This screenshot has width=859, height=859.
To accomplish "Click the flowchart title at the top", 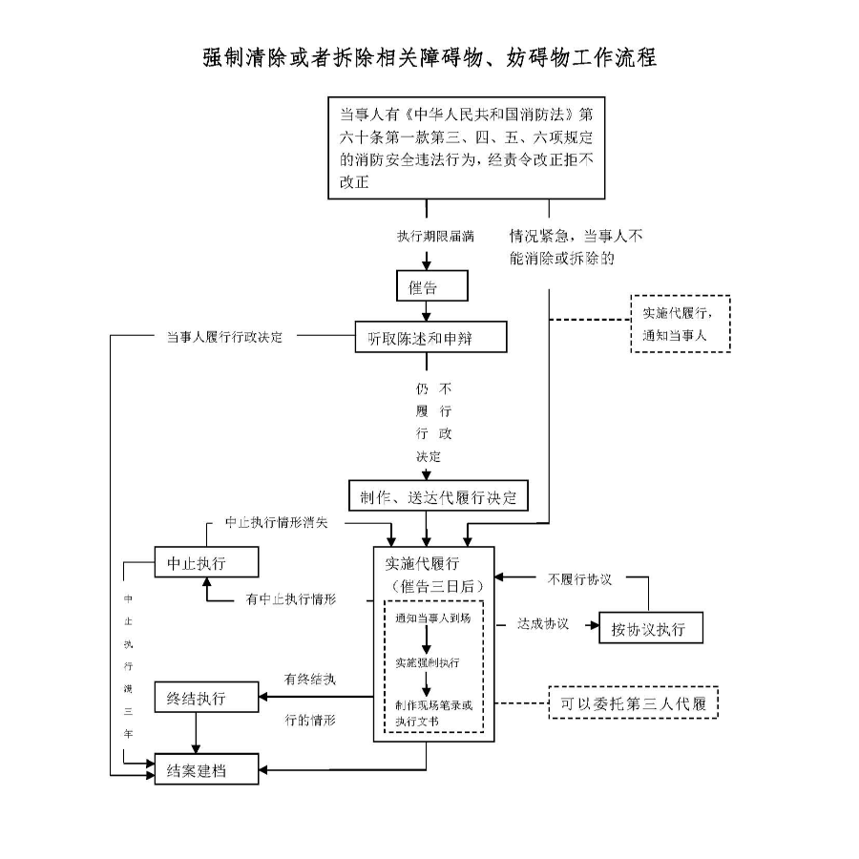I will pyautogui.click(x=429, y=56).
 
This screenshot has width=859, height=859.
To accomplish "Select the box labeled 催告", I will pyautogui.click(x=422, y=286).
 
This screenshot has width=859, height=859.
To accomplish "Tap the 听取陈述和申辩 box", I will pyautogui.click(x=429, y=337).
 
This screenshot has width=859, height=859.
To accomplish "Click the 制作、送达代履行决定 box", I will pyautogui.click(x=438, y=497).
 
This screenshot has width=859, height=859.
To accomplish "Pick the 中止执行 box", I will pyautogui.click(x=206, y=562).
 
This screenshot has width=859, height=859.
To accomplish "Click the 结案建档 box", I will pyautogui.click(x=206, y=769).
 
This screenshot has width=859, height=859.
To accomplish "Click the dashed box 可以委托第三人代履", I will pyautogui.click(x=634, y=703).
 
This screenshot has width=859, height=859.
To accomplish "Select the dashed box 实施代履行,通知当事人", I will pyautogui.click(x=681, y=324).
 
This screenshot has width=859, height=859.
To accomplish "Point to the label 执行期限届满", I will pyautogui.click(x=436, y=235).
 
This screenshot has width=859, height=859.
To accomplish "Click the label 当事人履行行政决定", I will pyautogui.click(x=224, y=337).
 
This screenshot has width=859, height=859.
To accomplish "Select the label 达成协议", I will pyautogui.click(x=543, y=624).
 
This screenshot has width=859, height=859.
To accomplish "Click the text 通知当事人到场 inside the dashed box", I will pyautogui.click(x=432, y=618).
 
